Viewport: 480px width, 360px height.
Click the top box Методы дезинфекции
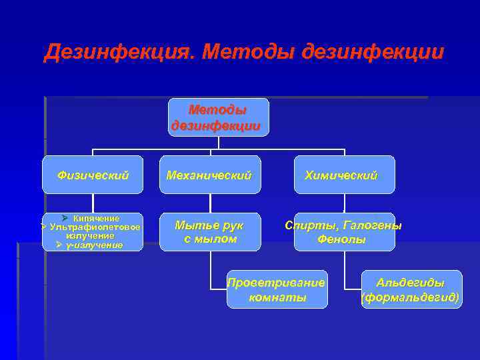218,117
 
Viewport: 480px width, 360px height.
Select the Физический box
93,175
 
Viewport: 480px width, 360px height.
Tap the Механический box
210,175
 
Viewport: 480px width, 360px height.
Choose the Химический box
344,175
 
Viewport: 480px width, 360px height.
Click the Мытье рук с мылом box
210,232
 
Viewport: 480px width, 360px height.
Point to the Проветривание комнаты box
277,289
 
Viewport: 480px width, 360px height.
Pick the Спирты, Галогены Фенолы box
344,232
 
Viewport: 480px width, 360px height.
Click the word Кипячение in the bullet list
97,219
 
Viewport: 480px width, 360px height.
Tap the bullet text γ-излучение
95,245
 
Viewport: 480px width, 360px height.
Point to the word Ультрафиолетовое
95,227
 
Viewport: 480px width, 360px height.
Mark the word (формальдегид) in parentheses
411,297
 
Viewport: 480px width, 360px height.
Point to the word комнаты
277,297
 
